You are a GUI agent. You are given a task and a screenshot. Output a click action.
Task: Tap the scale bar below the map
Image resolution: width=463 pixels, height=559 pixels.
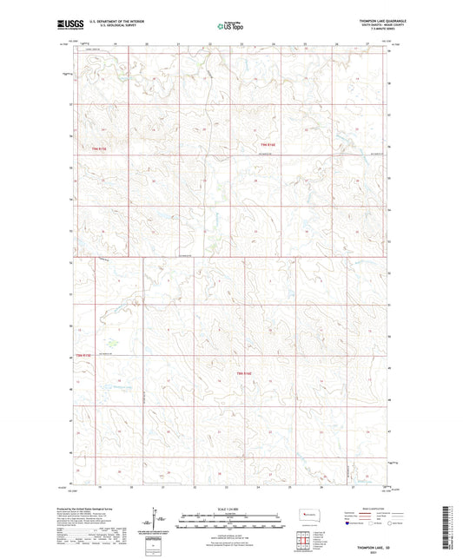tap(230, 521)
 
